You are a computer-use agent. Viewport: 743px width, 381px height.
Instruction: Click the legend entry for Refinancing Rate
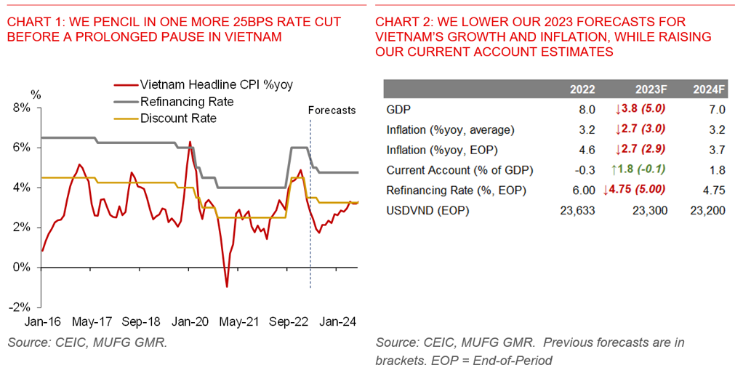tap(187, 101)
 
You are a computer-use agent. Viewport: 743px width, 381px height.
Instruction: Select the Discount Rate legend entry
tap(178, 118)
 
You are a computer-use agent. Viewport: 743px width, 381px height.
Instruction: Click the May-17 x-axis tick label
tap(92, 321)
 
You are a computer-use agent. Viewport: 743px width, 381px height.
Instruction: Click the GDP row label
tap(398, 110)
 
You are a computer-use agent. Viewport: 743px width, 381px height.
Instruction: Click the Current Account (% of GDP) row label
tap(459, 170)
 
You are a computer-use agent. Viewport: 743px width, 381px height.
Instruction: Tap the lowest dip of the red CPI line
tap(227, 286)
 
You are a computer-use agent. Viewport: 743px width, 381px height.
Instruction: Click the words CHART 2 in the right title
tap(401, 23)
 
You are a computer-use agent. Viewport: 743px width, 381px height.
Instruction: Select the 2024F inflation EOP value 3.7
tap(717, 151)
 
